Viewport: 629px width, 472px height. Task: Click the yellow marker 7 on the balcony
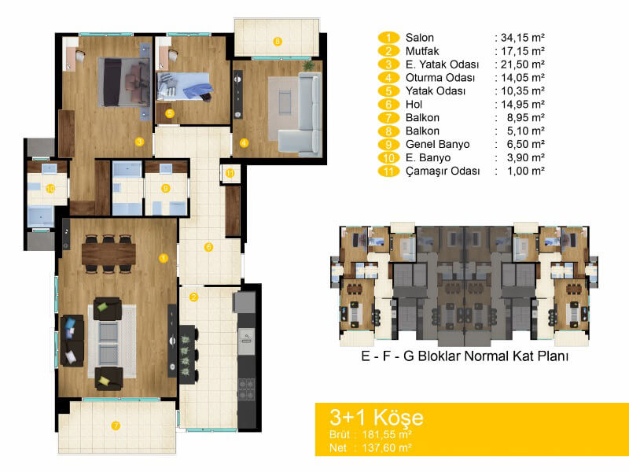116,426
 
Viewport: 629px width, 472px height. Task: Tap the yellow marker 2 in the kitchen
193,297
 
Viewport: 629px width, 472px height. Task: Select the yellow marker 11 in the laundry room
230,173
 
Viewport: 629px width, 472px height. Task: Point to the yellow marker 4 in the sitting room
244,143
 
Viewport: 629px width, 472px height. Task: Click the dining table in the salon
109,253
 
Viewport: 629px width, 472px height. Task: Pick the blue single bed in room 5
184,87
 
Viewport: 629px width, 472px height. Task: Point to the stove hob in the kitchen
247,389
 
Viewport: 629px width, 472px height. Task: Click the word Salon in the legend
420,38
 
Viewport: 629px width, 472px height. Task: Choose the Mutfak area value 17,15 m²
523,51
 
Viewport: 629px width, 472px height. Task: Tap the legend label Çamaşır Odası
443,171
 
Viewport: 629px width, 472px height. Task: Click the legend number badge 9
388,145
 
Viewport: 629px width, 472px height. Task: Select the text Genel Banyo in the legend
438,145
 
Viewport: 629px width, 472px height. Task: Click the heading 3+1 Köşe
377,418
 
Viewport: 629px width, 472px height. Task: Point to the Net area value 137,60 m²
387,448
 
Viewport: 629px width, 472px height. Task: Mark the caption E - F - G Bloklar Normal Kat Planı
465,356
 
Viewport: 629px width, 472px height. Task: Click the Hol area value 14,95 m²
523,105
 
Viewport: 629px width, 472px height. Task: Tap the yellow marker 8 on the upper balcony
278,42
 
